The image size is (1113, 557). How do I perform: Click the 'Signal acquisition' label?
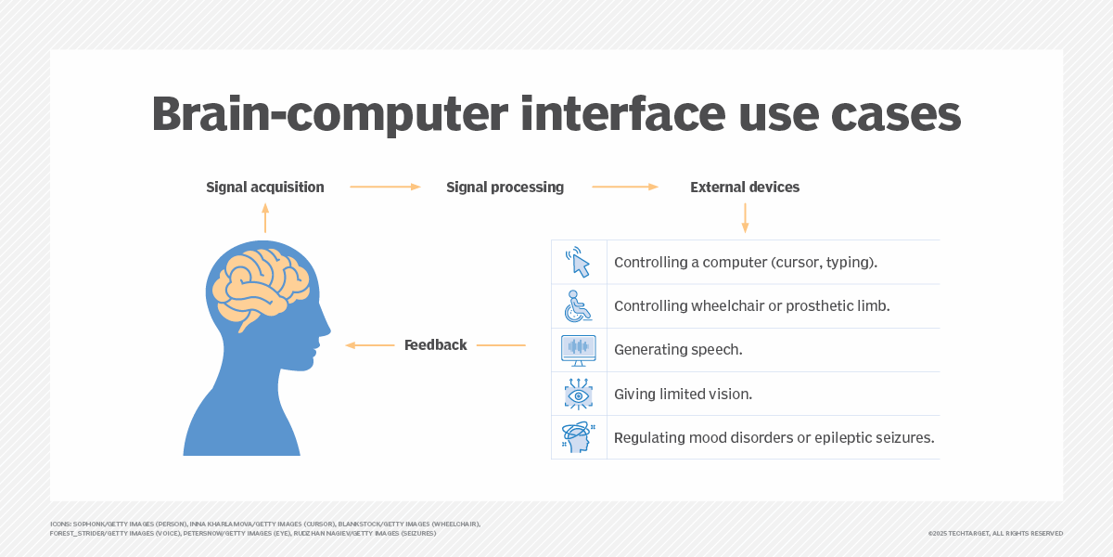264,188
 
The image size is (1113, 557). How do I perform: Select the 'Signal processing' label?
505,188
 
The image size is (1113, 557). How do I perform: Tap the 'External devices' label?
744,188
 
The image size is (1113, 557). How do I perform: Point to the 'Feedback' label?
435,345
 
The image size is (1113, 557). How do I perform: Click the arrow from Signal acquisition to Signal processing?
385,188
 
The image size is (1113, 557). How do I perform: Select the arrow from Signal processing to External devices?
625,188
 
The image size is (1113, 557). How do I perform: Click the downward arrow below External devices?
745,218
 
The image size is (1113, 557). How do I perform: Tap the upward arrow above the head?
265,218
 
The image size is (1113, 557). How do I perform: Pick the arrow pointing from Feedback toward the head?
370,345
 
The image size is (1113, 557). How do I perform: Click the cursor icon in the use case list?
579,263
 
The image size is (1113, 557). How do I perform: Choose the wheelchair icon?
579,306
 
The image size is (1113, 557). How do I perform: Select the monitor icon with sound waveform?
579,350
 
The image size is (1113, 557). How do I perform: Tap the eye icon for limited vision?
579,395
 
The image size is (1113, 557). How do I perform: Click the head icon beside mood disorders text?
578,437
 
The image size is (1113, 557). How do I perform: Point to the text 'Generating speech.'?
678,350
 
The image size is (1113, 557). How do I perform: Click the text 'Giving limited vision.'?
683,395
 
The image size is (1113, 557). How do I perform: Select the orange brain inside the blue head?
260,284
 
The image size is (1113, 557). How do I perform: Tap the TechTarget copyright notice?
994,534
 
